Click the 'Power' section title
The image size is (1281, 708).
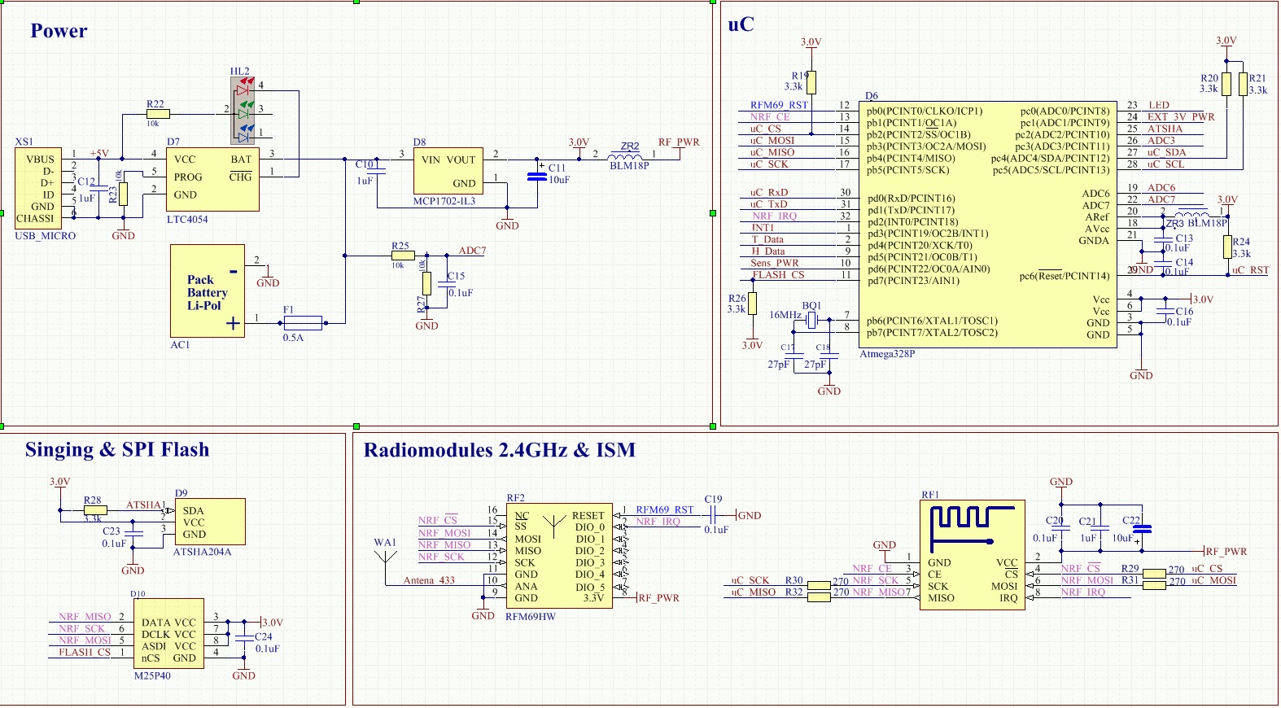click(59, 31)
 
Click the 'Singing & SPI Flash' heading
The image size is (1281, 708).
click(117, 450)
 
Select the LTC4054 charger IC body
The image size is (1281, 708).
click(212, 179)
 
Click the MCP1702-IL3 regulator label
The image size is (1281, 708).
click(444, 201)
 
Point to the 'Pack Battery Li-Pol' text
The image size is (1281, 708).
click(207, 292)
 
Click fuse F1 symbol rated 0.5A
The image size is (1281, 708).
click(303, 322)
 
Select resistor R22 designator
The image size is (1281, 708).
click(155, 104)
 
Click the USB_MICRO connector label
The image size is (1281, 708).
click(46, 236)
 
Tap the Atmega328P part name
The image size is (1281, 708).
click(887, 354)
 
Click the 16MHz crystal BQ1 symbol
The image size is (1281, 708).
click(811, 321)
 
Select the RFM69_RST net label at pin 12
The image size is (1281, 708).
click(779, 105)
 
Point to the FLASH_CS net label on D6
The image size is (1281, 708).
click(778, 275)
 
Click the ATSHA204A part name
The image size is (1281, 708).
click(202, 552)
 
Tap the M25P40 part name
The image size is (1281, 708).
click(152, 675)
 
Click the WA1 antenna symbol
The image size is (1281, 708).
click(385, 560)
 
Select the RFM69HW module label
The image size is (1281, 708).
click(531, 617)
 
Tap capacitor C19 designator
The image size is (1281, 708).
click(713, 500)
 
